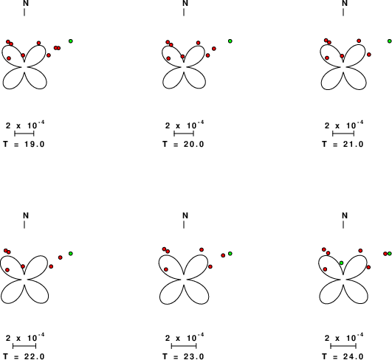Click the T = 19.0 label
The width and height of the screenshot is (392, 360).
click(x=24, y=144)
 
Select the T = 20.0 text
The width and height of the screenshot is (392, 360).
click(x=183, y=144)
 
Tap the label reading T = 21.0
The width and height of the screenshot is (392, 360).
click(x=343, y=144)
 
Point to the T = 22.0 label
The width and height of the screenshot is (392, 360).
click(x=24, y=356)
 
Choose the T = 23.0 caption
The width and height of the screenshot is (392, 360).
click(x=183, y=356)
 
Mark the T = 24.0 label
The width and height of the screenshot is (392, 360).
click(x=343, y=356)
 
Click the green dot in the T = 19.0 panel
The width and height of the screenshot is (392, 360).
click(x=71, y=41)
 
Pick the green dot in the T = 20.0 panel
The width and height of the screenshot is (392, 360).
click(x=230, y=41)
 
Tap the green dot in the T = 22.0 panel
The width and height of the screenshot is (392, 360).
click(x=71, y=254)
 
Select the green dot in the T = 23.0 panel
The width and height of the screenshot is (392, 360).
click(x=230, y=254)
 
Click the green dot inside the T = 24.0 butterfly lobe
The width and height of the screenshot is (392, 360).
click(x=342, y=263)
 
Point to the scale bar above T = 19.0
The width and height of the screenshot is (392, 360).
click(x=24, y=134)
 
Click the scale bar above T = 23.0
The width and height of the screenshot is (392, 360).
click(x=184, y=346)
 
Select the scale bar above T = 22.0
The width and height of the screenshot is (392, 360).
click(x=24, y=346)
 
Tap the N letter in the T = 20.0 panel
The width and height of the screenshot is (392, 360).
click(x=185, y=3)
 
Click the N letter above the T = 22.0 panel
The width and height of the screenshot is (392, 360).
click(x=26, y=215)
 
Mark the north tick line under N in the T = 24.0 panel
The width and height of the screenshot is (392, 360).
click(x=343, y=224)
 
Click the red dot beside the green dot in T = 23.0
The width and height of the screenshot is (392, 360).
click(x=223, y=255)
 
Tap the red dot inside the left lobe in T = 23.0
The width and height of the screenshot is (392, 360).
click(x=166, y=269)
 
